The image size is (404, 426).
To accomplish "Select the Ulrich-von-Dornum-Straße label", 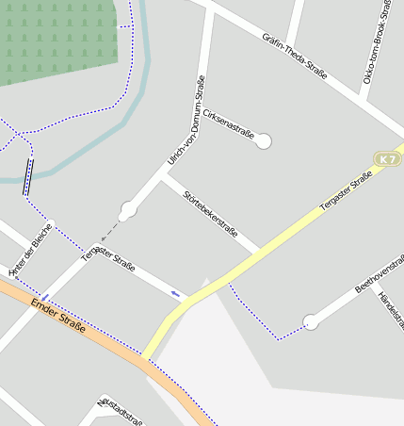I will tap(186, 120).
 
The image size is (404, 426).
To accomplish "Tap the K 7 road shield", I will tap(387, 159).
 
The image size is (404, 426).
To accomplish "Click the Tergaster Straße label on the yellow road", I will tap(347, 189).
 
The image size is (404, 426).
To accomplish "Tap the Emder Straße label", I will tap(58, 316).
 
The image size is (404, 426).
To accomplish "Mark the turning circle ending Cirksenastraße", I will tap(264, 140).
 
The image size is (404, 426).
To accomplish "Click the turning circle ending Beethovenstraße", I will tap(310, 322).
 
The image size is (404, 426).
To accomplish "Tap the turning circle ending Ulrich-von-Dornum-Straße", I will tap(128, 210).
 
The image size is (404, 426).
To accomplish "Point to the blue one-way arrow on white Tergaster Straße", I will tap(175, 293).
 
